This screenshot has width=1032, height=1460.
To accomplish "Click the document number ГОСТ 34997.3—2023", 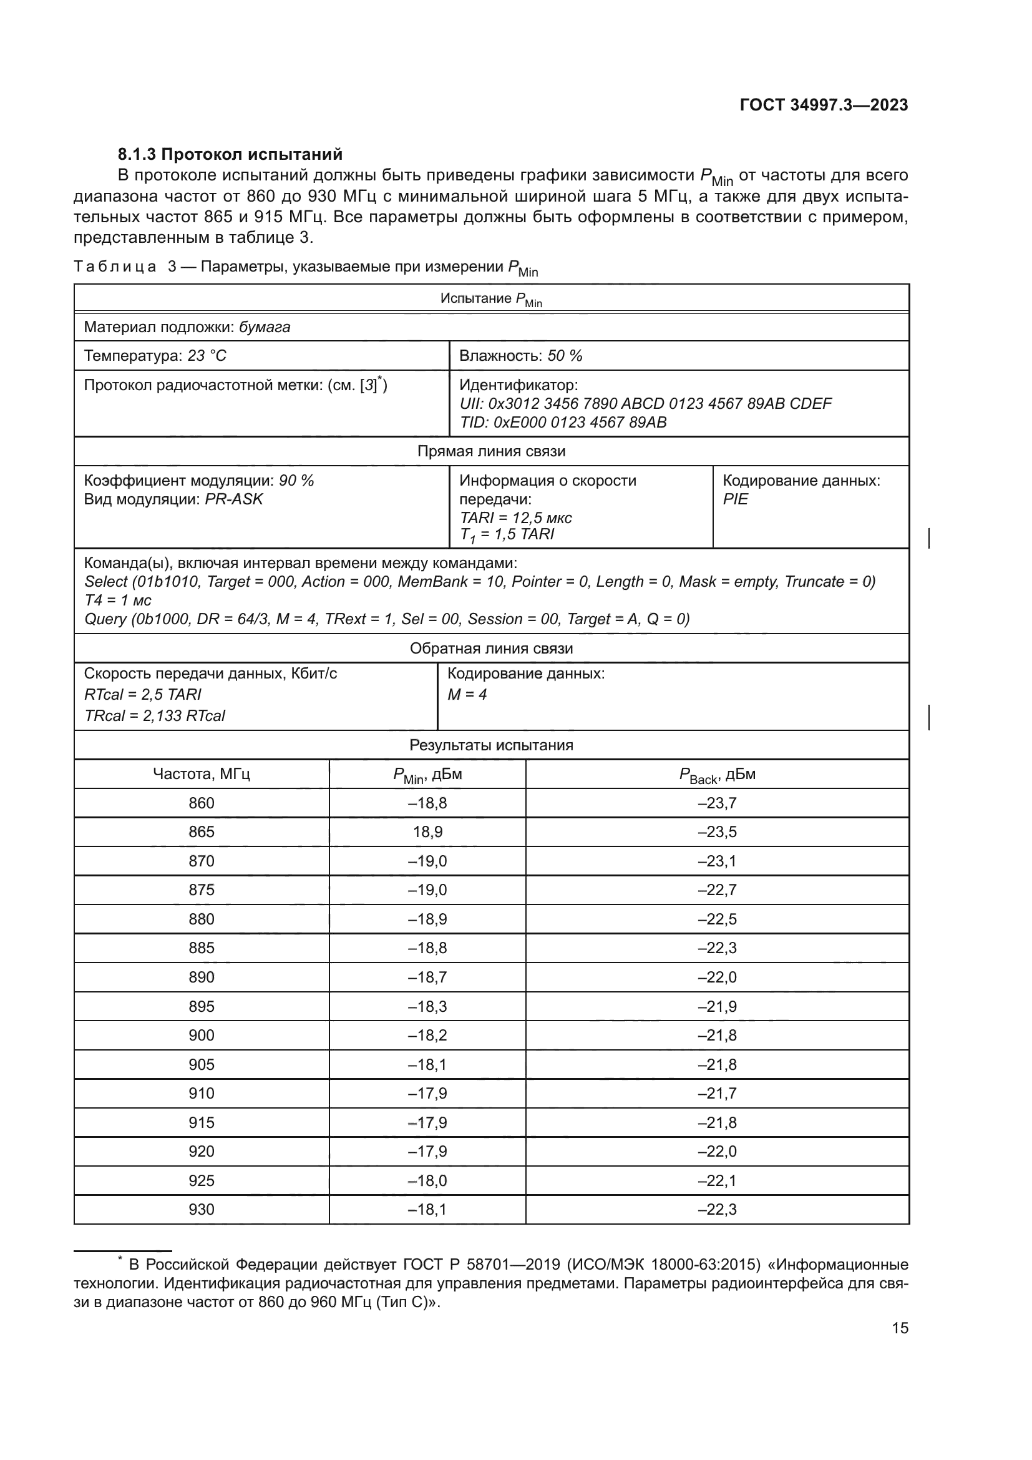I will [824, 105].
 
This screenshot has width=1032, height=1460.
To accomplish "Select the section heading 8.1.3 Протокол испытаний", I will [230, 155].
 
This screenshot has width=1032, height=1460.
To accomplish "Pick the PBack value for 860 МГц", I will [717, 803].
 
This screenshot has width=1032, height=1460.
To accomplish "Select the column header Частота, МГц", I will [202, 775].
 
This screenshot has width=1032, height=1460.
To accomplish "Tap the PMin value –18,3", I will [427, 1007].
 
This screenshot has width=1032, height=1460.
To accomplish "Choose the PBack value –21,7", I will [717, 1094].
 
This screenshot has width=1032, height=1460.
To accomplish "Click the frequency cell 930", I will [202, 1210].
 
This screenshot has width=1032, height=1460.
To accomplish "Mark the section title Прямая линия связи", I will [490, 451].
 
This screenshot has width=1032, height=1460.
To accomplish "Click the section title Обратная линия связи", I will [490, 649].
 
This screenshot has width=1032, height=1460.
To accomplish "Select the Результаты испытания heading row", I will [490, 745].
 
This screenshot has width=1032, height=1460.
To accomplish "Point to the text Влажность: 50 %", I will [520, 356].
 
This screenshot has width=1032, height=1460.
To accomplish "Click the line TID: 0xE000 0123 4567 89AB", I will [562, 422].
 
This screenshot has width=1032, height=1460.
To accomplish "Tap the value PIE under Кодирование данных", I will [735, 499].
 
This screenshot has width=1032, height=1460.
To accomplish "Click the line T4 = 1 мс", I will [117, 600].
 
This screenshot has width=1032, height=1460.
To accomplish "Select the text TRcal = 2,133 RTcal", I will [154, 716].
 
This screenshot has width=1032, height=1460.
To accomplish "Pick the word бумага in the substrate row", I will [265, 328].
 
